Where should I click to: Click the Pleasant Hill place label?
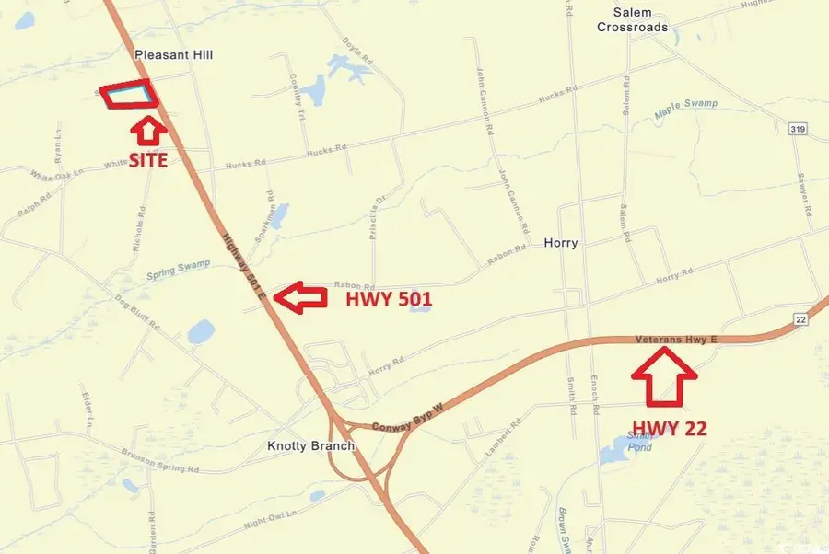[x=173, y=55]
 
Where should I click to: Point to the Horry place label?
[x=561, y=243]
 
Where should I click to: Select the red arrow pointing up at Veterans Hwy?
[x=664, y=379]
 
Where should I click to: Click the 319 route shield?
[x=797, y=129]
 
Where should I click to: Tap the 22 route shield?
[x=800, y=317]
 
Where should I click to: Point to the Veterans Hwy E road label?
[x=676, y=340]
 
